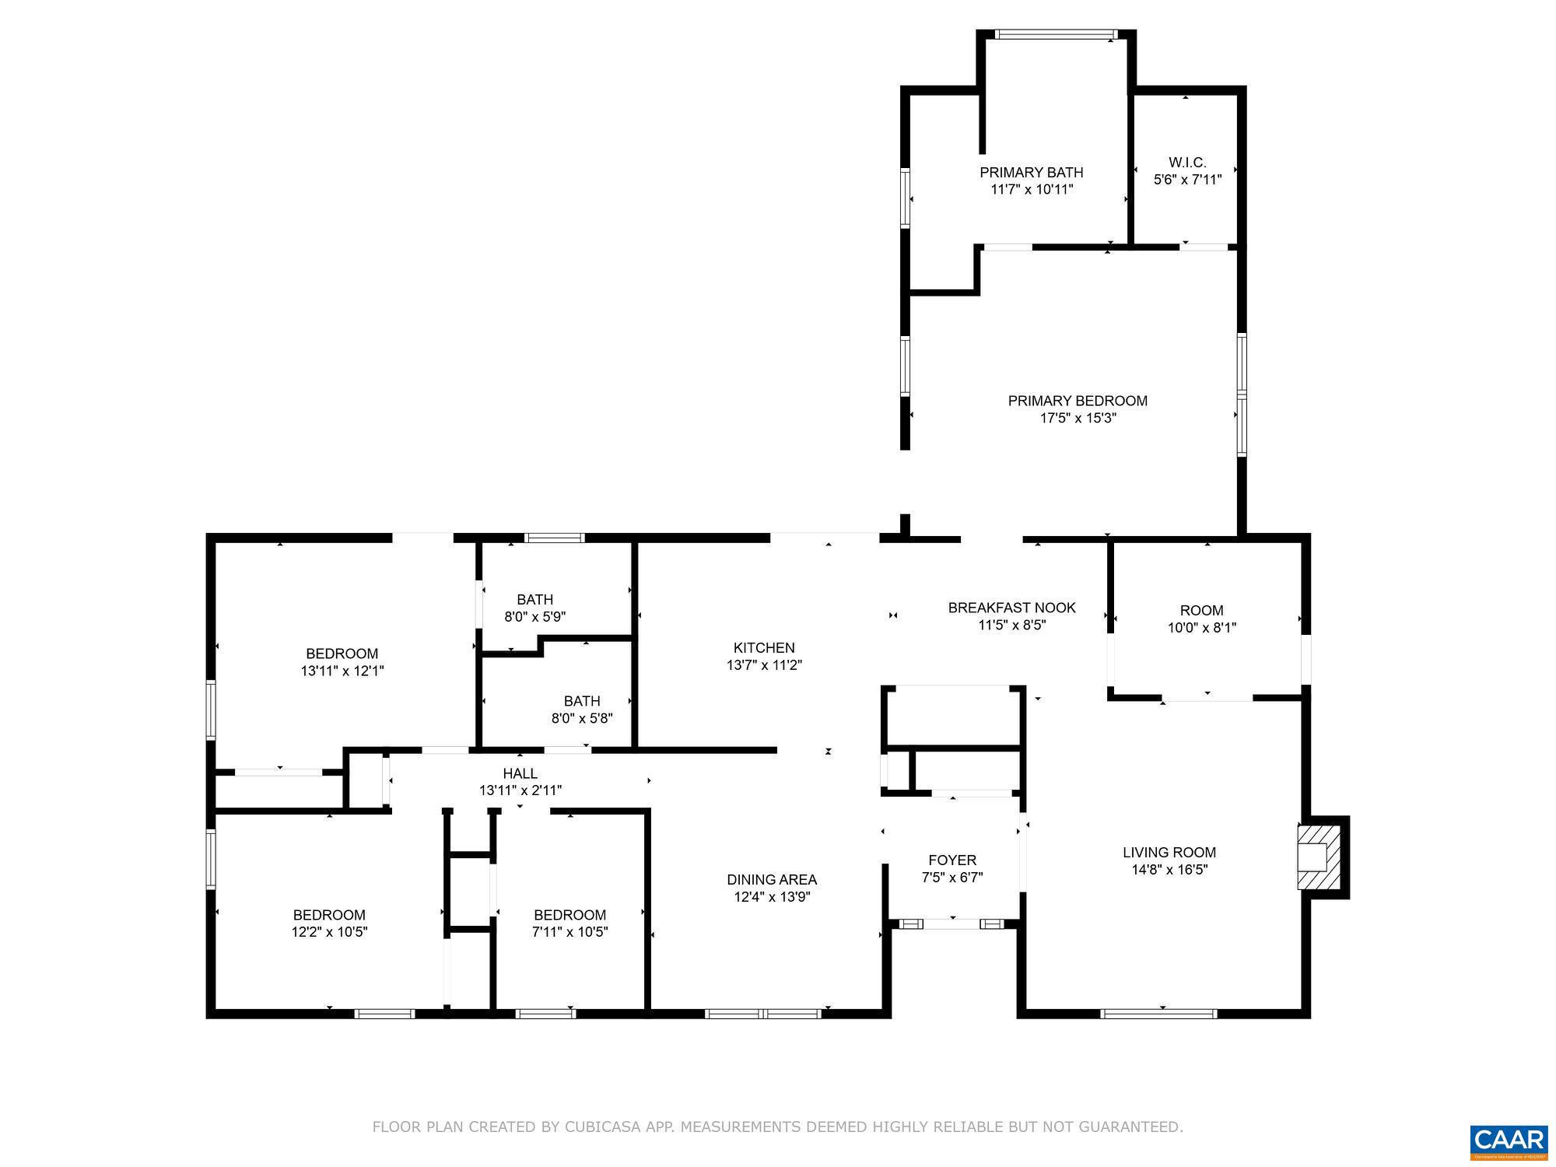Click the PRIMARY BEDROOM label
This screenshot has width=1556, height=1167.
(1078, 401)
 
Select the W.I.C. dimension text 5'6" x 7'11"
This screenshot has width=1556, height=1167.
(1187, 180)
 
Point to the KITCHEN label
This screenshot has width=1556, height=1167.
(764, 647)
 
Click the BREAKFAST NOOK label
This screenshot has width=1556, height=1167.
(1011, 608)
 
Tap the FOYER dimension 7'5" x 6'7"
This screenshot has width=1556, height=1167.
(952, 877)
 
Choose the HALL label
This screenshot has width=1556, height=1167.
(520, 773)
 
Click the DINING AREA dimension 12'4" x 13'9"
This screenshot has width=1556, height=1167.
(772, 897)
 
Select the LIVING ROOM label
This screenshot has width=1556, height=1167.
(1169, 853)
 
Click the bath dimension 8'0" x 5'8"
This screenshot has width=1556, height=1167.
(582, 718)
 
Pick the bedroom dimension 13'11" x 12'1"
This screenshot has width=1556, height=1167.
(342, 670)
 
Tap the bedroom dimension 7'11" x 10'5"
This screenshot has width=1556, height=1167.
(569, 931)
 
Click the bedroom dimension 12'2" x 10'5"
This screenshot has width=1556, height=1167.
(329, 931)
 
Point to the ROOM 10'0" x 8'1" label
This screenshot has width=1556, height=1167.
(1201, 611)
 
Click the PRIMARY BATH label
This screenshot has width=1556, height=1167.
(1031, 172)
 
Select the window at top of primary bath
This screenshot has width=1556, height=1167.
(1056, 34)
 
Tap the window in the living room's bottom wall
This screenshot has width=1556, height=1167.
(1158, 1013)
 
